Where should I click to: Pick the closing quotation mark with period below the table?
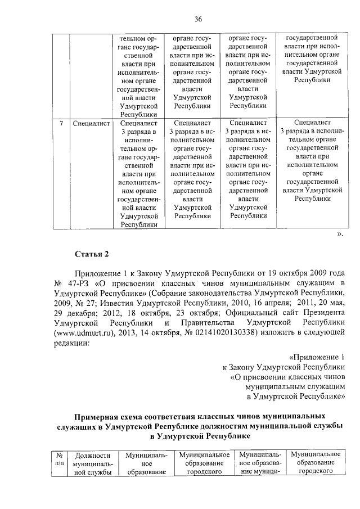(x=340, y=233)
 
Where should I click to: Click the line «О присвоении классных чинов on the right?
(x=287, y=377)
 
